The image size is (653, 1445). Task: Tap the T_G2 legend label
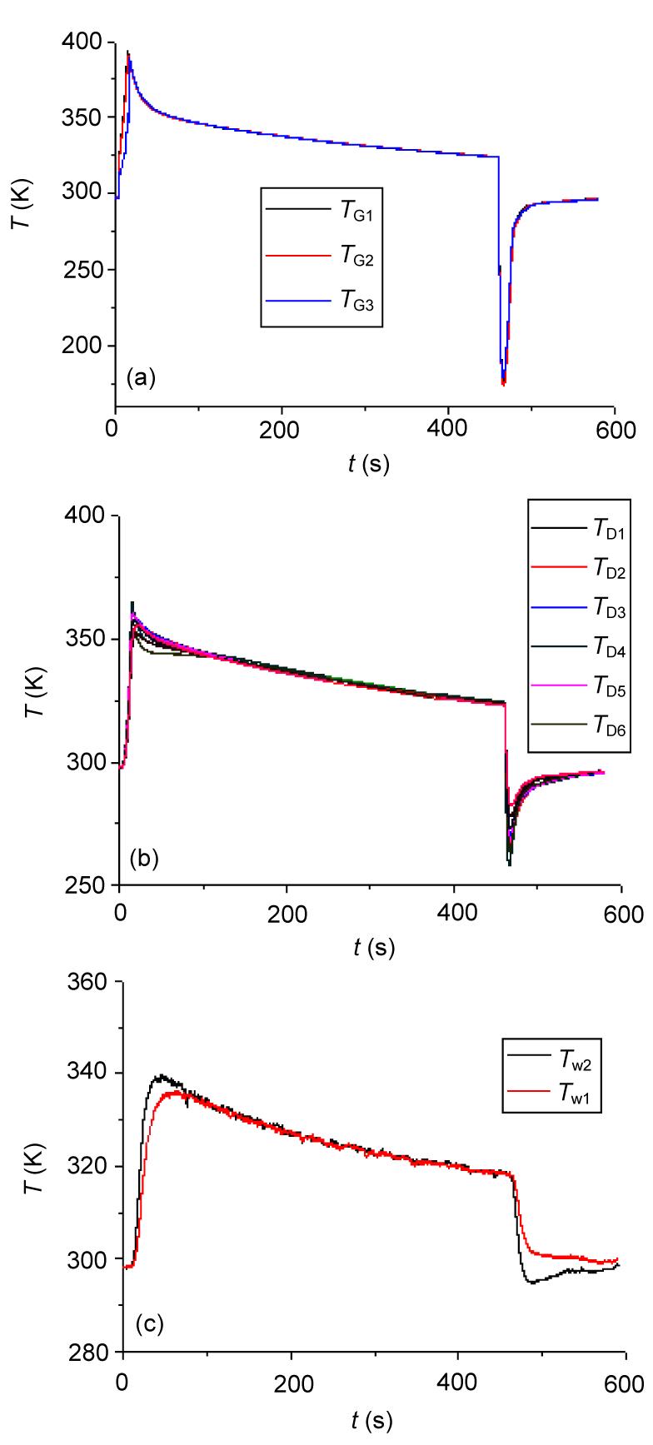pos(357,259)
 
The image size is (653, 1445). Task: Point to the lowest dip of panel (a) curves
pos(503,384)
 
